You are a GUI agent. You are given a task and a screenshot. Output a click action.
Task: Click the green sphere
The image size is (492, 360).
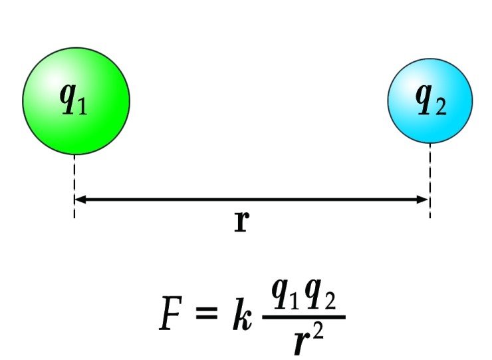coord(76,101)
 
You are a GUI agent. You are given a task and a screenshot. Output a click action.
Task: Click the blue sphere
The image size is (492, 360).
coord(430,101)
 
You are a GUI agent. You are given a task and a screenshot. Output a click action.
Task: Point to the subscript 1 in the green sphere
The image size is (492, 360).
coord(82,106)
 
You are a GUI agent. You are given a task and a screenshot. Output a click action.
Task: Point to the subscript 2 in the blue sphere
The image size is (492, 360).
coord(440,107)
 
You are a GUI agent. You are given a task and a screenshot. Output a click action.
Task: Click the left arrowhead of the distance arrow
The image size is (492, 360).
coord(80,199)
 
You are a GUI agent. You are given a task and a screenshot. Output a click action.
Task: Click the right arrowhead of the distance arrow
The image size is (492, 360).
coord(424,199)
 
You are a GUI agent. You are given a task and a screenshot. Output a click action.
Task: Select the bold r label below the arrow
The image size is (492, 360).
coord(241,222)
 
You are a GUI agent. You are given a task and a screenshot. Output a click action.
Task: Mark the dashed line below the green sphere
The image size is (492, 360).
coord(74,186)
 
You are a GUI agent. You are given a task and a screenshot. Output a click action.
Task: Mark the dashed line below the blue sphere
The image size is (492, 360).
coord(430,180)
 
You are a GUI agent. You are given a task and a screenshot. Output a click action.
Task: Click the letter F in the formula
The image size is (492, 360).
coord(171,313)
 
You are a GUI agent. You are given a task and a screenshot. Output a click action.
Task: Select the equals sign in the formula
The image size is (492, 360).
coord(206,312)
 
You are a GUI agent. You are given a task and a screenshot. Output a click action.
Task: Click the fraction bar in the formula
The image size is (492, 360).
coord(304,317)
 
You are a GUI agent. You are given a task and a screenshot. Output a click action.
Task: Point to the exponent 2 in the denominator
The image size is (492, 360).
coord(318,333)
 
